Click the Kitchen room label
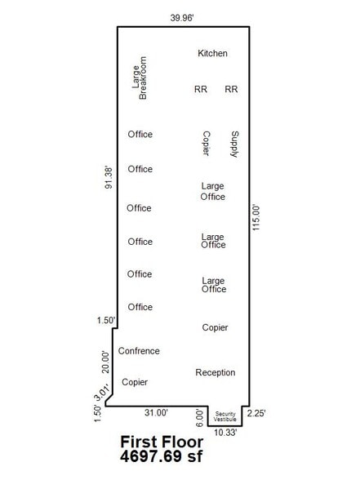[212, 53]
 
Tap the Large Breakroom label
[140, 78]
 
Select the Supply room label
[234, 144]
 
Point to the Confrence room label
[139, 351]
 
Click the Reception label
[216, 372]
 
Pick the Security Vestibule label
[225, 416]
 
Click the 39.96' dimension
[182, 18]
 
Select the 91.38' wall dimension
[109, 178]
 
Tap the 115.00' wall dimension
[256, 218]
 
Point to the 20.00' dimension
[105, 362]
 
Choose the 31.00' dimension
[156, 413]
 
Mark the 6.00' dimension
[199, 418]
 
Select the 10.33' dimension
[225, 433]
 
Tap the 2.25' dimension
[256, 413]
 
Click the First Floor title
[162, 442]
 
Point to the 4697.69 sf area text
[161, 456]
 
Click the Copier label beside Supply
[207, 144]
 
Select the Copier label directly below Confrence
[135, 382]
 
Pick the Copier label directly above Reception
[215, 327]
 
